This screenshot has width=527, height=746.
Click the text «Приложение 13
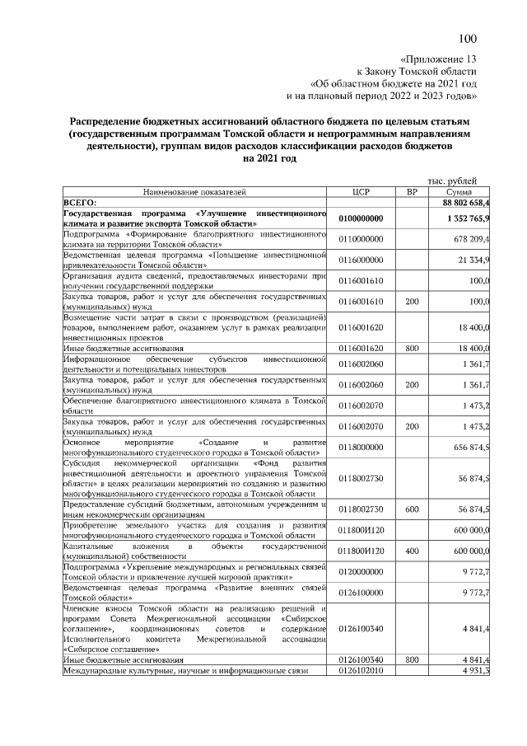click(x=438, y=60)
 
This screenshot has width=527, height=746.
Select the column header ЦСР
click(x=360, y=191)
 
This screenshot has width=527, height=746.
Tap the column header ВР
click(x=412, y=191)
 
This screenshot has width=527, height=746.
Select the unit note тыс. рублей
click(x=452, y=181)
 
